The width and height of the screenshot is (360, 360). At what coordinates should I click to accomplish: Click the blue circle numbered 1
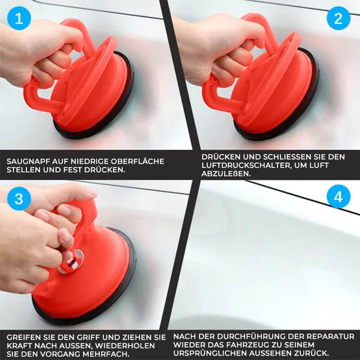coord(19,19)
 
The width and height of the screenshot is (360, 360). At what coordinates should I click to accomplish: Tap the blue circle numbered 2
coord(338,19)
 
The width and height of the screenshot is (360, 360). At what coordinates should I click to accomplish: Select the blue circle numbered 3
coord(19,199)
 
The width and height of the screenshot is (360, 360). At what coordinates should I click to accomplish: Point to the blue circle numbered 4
coord(338,197)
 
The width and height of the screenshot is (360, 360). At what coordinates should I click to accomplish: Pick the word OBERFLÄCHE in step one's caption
coord(138,161)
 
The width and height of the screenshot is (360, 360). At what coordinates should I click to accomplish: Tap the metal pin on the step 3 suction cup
coord(71,262)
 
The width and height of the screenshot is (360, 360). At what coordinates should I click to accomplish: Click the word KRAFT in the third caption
coord(19,346)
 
